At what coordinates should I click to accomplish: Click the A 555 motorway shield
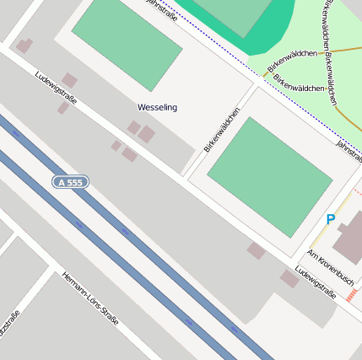click(70, 182)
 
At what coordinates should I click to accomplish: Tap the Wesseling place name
click(157, 108)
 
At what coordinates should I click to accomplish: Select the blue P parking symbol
click(330, 219)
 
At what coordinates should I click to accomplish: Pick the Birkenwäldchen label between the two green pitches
click(222, 129)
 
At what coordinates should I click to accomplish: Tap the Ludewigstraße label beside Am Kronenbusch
click(316, 283)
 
